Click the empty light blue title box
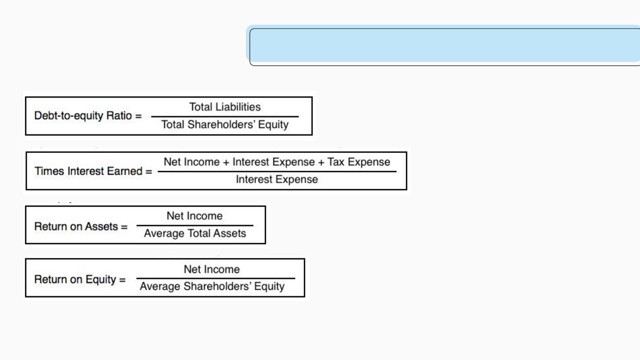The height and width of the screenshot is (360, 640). [x=444, y=45]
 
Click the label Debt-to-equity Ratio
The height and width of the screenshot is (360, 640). [x=83, y=116]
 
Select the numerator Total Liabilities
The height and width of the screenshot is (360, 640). [x=225, y=107]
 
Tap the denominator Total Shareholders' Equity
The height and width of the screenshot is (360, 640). [x=225, y=124]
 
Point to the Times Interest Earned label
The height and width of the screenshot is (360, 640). [x=88, y=171]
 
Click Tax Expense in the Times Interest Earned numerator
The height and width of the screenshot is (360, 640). [x=359, y=162]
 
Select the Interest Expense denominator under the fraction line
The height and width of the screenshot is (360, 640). [x=277, y=180]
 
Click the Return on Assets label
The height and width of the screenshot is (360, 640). [x=76, y=227]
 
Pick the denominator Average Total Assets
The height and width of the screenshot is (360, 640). [x=195, y=233]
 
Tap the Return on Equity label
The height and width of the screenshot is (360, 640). [x=75, y=280]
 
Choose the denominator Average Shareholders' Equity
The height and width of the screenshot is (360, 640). [x=212, y=286]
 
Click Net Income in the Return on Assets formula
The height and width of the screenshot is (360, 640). [x=195, y=216]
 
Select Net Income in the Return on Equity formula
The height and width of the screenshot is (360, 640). [x=212, y=269]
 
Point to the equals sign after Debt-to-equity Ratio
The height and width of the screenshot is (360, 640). [x=139, y=116]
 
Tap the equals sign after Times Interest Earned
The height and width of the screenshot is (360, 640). [x=149, y=172]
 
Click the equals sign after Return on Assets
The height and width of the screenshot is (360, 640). [x=124, y=227]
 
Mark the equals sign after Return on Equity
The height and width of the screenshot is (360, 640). [x=122, y=280]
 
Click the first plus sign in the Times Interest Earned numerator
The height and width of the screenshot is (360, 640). [x=226, y=162]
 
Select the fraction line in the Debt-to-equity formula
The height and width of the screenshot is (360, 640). [x=225, y=116]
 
